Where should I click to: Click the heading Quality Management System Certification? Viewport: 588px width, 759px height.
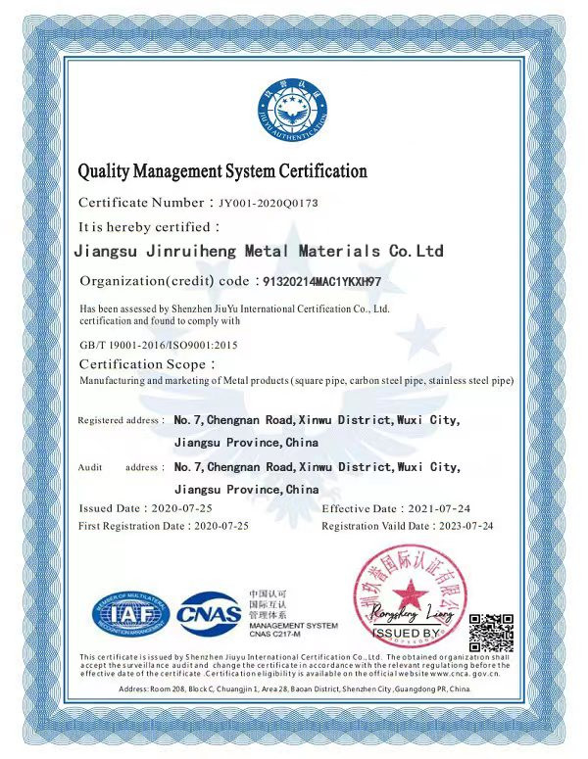click(x=222, y=172)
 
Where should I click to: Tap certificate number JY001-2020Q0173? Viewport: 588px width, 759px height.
click(x=266, y=204)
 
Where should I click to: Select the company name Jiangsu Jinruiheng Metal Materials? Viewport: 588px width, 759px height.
click(x=259, y=251)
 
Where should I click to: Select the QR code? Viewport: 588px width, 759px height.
click(x=491, y=631)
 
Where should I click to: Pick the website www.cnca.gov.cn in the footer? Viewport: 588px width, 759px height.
click(x=464, y=673)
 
